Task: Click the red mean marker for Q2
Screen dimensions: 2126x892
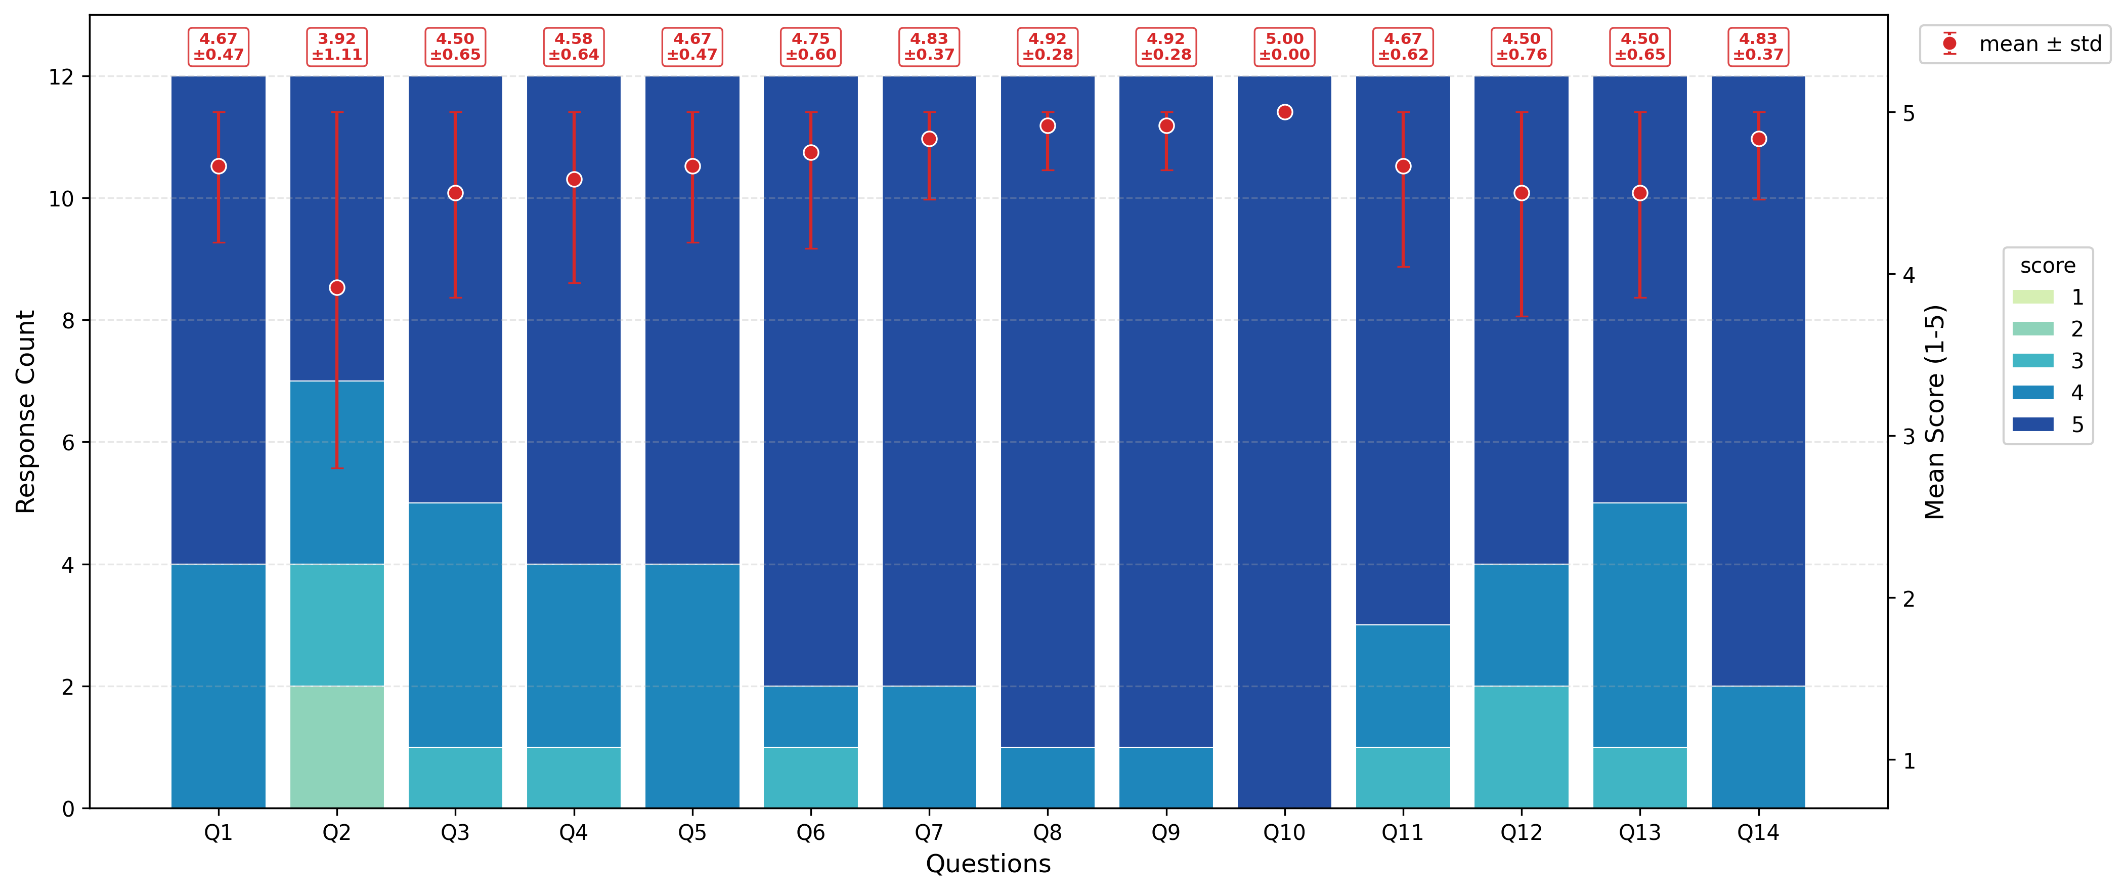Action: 337,287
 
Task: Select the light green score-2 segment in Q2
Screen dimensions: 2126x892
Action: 337,747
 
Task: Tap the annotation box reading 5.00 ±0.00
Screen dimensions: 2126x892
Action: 1284,46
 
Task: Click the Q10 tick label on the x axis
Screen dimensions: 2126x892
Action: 1284,833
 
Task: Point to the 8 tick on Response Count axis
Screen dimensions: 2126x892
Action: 68,320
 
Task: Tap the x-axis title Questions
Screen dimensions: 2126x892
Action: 988,864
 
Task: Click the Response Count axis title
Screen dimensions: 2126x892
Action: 26,412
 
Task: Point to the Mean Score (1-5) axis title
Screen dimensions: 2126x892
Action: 1934,412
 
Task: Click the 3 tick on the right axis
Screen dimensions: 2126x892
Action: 1908,437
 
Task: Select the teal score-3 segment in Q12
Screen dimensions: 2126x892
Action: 1521,747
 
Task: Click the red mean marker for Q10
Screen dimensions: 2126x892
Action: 1284,112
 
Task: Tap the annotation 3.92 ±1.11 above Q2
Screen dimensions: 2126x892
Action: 337,46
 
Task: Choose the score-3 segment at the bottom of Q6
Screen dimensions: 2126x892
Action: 810,777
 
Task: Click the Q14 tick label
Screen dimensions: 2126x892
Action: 1758,833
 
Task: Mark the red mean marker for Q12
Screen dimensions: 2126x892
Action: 1521,193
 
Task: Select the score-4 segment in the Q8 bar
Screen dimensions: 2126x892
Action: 1047,777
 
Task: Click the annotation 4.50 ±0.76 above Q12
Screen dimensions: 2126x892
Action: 1521,46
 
